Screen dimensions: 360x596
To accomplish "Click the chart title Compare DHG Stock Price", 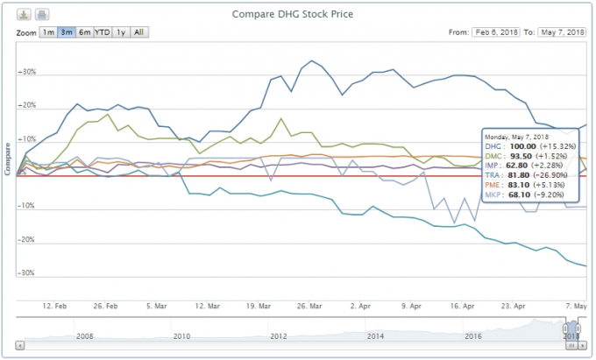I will click(297, 14).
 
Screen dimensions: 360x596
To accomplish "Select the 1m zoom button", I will click(47, 32).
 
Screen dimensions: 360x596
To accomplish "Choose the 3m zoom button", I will click(66, 32).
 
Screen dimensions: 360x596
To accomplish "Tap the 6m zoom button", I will click(84, 32).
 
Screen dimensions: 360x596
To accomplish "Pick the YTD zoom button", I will click(103, 32).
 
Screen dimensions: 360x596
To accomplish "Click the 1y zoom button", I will click(122, 32).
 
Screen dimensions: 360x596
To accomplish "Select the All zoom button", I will click(139, 32).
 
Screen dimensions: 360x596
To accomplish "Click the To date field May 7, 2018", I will click(561, 32).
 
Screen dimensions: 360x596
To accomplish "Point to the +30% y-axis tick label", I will click(26, 73).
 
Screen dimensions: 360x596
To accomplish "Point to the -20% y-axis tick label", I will click(26, 239).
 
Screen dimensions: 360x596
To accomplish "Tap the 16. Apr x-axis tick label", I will click(462, 307).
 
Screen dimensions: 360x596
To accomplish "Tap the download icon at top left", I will click(25, 15).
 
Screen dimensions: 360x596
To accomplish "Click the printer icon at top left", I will click(42, 15).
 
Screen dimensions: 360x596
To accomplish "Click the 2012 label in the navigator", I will click(279, 336).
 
